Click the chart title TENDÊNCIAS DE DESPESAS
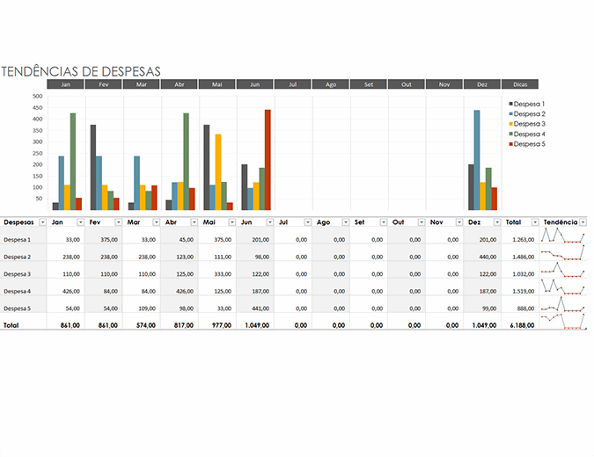tap(81, 71)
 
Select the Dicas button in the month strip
tap(519, 84)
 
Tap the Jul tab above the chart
tap(292, 84)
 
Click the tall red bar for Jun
tap(268, 159)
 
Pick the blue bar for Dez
tap(477, 159)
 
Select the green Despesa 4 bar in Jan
tap(72, 161)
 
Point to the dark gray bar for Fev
tap(92, 167)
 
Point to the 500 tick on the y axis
tap(37, 97)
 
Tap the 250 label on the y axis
tap(37, 153)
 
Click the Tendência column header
tap(560, 222)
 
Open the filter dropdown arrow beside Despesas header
tap(41, 223)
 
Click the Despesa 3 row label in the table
tap(18, 274)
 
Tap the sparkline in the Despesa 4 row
tap(563, 289)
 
